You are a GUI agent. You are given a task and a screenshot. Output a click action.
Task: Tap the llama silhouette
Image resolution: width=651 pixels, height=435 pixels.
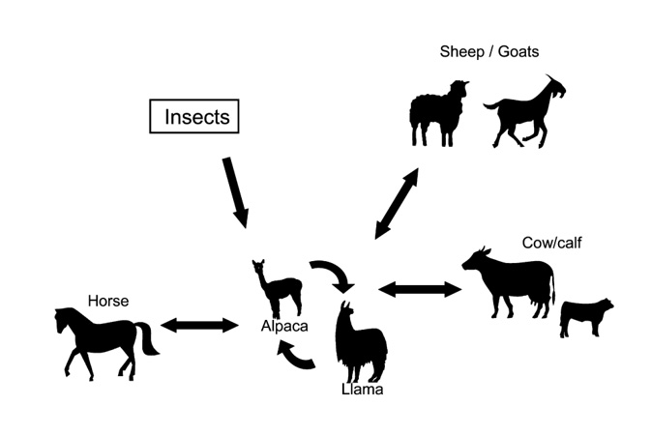[360, 344]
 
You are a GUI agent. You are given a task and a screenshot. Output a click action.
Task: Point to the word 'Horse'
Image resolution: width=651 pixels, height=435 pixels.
[107, 302]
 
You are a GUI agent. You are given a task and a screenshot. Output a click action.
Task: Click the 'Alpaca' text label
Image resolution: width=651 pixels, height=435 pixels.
[283, 326]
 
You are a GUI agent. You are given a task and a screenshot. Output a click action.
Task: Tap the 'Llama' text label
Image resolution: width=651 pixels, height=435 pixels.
[362, 390]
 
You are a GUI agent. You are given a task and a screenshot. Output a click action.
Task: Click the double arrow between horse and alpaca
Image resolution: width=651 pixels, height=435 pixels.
[199, 325]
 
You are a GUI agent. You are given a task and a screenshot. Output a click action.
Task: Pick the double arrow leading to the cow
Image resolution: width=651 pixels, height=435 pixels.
[420, 288]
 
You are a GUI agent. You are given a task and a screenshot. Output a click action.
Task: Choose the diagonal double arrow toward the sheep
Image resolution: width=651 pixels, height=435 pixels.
[397, 203]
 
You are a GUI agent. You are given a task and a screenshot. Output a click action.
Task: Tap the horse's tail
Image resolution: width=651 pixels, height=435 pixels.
[148, 339]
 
